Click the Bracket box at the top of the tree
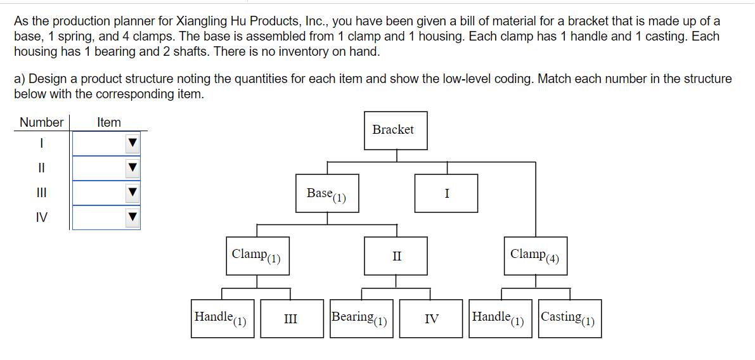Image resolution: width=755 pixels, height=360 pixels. click(396, 130)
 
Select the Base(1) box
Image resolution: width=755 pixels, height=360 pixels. click(327, 193)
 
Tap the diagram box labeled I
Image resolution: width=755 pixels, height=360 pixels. click(446, 193)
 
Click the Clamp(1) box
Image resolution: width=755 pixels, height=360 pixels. click(257, 255)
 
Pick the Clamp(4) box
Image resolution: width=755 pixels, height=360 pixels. click(536, 255)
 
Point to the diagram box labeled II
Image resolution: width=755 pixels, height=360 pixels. click(396, 256)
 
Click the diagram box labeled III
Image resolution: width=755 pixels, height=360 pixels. click(292, 319)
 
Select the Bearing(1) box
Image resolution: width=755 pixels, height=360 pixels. click(361, 319)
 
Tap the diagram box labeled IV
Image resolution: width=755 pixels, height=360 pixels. click(431, 319)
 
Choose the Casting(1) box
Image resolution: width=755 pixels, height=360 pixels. click(569, 319)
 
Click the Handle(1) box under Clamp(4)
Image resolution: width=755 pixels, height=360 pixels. click(501, 319)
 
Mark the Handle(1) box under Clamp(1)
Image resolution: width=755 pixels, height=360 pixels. click(223, 319)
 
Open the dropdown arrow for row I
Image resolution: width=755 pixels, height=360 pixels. click(132, 144)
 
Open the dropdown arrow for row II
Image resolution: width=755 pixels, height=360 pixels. click(132, 169)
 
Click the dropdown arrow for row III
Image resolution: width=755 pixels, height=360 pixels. click(132, 193)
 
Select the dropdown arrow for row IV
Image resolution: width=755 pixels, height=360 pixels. click(132, 217)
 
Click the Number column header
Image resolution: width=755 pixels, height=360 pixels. click(41, 122)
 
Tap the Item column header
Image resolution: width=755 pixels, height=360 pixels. click(108, 122)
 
